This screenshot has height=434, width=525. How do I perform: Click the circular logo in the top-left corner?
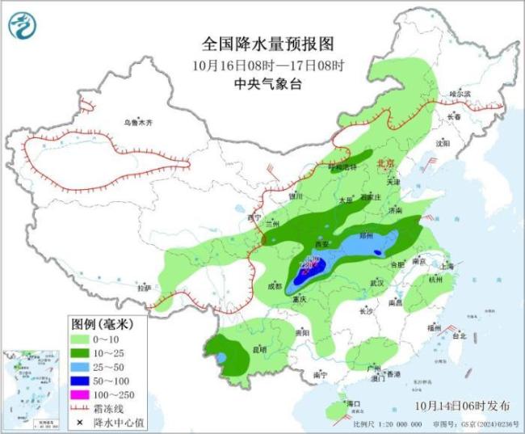[x=23, y=27]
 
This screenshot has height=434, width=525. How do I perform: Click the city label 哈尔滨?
[x=460, y=94]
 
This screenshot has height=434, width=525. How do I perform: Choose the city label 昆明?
[x=259, y=349]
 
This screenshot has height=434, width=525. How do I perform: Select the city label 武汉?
[x=376, y=283]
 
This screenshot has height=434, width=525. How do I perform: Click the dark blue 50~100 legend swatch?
[x=82, y=381]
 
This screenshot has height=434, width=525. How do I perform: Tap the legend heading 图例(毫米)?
[x=101, y=324]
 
